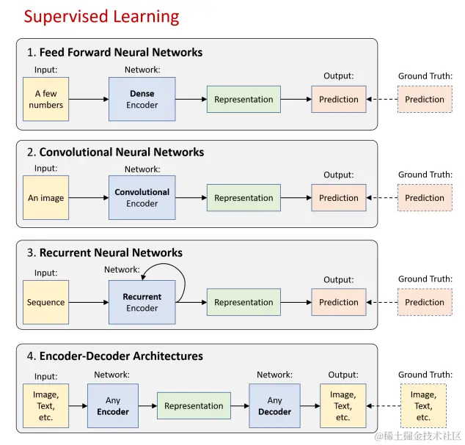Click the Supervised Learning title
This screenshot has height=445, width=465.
click(101, 15)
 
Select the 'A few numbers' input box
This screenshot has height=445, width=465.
click(46, 99)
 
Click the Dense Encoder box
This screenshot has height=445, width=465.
click(142, 99)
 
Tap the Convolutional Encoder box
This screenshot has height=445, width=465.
click(142, 197)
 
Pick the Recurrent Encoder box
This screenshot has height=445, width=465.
click(142, 302)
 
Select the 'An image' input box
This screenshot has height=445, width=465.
click(46, 197)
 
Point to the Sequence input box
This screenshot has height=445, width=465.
click(46, 302)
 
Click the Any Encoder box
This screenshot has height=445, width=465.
click(113, 405)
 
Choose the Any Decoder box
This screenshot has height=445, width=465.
click(274, 405)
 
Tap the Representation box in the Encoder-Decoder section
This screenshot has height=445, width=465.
click(194, 405)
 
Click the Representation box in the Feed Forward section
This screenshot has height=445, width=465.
click(244, 99)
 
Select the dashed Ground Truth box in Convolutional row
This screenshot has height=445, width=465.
click(425, 197)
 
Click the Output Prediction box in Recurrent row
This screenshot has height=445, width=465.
click(339, 302)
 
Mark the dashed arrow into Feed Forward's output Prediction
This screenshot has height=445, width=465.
click(382, 99)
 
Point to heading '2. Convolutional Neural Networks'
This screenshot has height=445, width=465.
click(116, 152)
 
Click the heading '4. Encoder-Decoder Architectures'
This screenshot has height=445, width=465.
click(115, 356)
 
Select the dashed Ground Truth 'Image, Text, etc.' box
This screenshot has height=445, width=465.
click(422, 405)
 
